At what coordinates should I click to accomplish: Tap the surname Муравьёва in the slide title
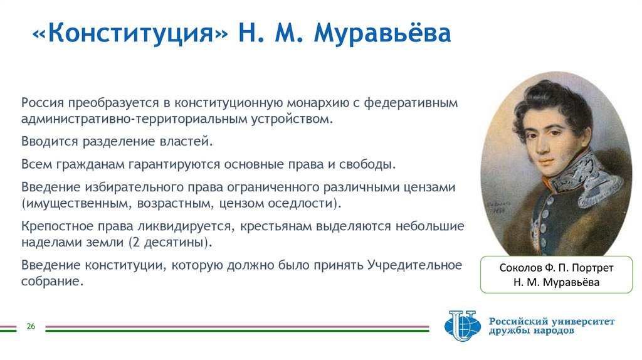click(382, 34)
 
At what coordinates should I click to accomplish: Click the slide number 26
click(30, 327)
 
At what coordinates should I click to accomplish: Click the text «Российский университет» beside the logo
click(552, 321)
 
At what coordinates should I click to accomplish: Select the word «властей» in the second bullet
click(190, 142)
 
